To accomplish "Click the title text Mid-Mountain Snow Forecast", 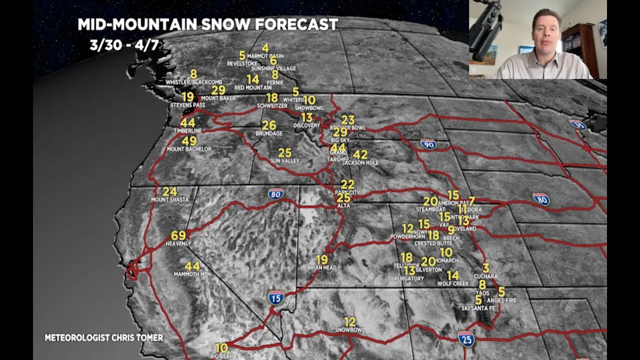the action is pyautogui.click(x=207, y=24).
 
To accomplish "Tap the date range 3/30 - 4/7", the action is pyautogui.click(x=124, y=45).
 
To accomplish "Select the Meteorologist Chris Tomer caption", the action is pyautogui.click(x=104, y=337).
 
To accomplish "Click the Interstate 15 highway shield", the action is pyautogui.click(x=276, y=298).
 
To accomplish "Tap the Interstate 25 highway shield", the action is pyautogui.click(x=466, y=339).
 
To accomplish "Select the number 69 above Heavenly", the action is pyautogui.click(x=178, y=235).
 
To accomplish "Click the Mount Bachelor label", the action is pyautogui.click(x=189, y=149).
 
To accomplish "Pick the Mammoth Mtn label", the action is pyautogui.click(x=192, y=274).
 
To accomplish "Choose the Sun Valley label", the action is pyautogui.click(x=284, y=161).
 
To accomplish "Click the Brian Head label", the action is pyautogui.click(x=321, y=268).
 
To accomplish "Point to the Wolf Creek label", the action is pyautogui.click(x=452, y=283).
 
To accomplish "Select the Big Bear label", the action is pyautogui.click(x=221, y=355).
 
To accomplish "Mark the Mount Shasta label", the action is pyautogui.click(x=170, y=199).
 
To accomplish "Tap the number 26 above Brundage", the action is pyautogui.click(x=269, y=125).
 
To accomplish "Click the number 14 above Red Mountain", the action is pyautogui.click(x=253, y=79).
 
